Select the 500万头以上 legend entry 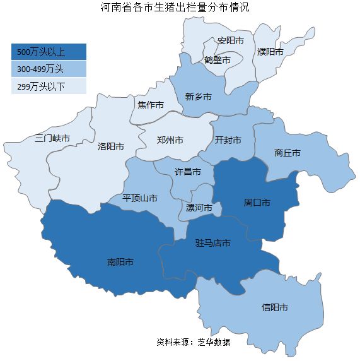pos(49,52)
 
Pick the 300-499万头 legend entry pos(49,69)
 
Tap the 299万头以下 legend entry pos(49,86)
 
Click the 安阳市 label pos(230,40)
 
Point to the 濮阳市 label pos(270,52)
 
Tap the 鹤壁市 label pos(218,60)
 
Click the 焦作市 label pos(151,104)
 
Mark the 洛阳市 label pos(111,146)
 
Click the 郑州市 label pos(170,140)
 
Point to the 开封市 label pos(228,141)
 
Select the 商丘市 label pos(287,153)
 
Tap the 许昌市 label pos(188,172)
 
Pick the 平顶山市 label pos(140,198)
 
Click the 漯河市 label pos(200,208)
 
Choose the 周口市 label pos(257,203)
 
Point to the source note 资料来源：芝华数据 pos(194,342)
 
